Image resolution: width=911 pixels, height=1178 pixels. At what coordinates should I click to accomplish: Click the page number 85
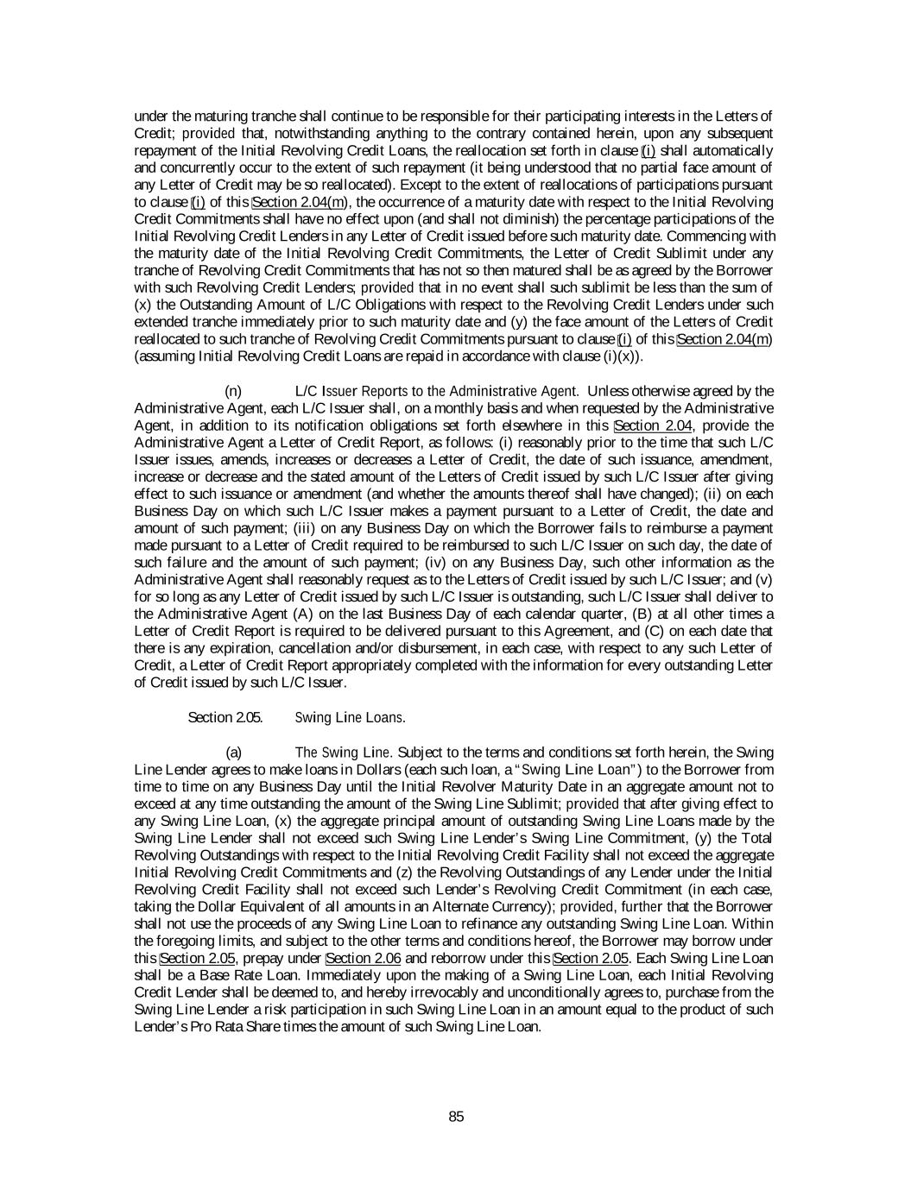(456, 1117)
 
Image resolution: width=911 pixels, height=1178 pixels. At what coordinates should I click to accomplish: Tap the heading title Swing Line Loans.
(350, 717)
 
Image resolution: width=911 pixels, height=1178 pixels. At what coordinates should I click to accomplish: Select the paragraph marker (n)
(233, 391)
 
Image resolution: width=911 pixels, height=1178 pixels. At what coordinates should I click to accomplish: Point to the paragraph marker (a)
(233, 752)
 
